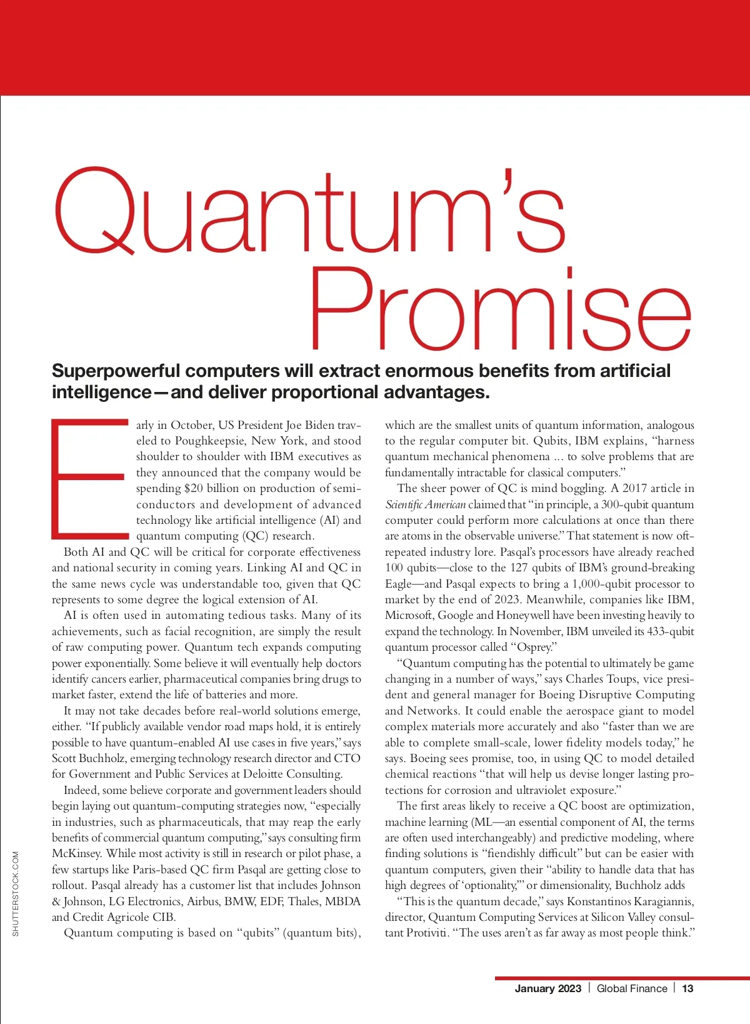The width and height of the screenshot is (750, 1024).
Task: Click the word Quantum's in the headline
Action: [309, 213]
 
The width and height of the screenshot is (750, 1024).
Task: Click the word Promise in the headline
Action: [500, 309]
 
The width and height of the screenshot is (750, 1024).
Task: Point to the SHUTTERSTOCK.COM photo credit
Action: [16, 894]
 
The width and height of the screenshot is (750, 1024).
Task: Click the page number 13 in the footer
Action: [687, 988]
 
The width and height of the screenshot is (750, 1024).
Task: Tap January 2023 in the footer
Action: [547, 988]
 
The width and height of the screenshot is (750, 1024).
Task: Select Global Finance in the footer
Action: [632, 988]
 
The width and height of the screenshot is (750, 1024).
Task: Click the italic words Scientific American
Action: [425, 504]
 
